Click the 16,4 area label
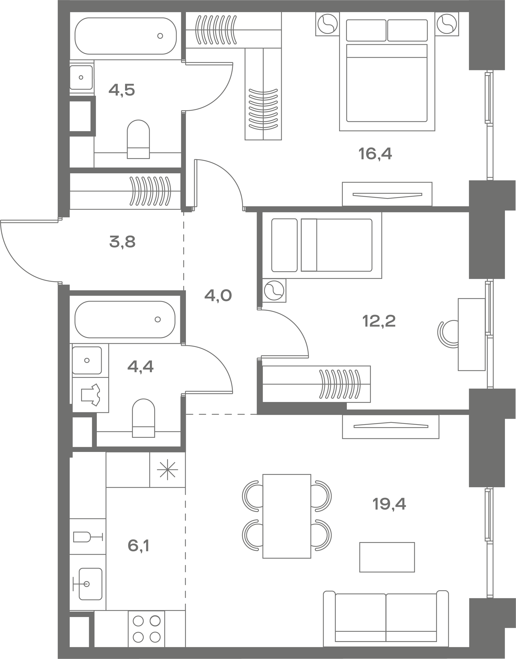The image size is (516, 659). coord(375,154)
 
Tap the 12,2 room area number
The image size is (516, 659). coord(379,321)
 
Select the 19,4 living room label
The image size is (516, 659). coord(389,504)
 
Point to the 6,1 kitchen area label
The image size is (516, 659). coord(138,546)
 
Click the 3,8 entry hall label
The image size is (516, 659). coord(122,242)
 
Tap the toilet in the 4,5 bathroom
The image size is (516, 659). coord(138,139)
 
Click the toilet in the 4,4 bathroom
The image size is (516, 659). coord(143,418)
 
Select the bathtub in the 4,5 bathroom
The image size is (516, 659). coord(125,36)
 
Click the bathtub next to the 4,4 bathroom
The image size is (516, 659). coord(125,319)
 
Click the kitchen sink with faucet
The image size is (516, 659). coord(88,584)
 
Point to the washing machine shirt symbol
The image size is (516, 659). coord(91,395)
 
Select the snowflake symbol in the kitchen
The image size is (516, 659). coord(167,469)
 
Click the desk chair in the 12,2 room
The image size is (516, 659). coord(448,334)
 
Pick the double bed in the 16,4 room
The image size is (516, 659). coord(387,71)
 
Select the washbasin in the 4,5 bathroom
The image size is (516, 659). coord(81,77)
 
